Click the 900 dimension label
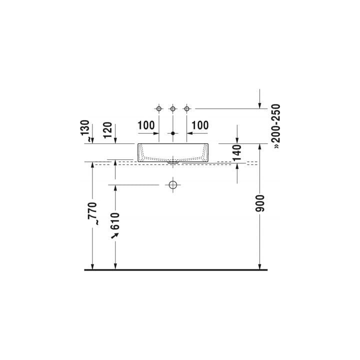click(260, 203)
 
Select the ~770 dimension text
click(93, 213)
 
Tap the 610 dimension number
click(115, 221)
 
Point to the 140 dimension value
click(237, 152)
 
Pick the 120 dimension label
click(107, 130)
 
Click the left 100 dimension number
click(146, 125)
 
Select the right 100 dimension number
click(200, 125)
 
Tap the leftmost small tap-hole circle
click(159, 108)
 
